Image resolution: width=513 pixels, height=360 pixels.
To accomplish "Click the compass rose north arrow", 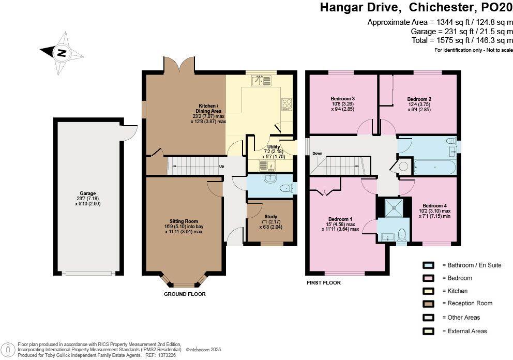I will pos(62,52).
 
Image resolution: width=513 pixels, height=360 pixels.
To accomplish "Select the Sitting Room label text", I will pos(185,221).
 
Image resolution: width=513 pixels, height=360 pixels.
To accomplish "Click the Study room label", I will pos(270,217).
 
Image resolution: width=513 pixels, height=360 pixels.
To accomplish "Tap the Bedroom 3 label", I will pos(342,98).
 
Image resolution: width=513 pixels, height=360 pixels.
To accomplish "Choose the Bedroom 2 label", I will pos(419,99).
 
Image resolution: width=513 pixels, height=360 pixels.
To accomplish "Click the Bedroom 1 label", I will pos(340,218).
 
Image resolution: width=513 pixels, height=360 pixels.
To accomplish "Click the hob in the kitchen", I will pos(286,104).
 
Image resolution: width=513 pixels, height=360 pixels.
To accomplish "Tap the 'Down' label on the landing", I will pos(317,154).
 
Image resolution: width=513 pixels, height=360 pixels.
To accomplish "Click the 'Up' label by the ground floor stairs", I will pos(222,167).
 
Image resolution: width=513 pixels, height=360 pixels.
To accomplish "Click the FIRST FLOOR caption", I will pos(324,283).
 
